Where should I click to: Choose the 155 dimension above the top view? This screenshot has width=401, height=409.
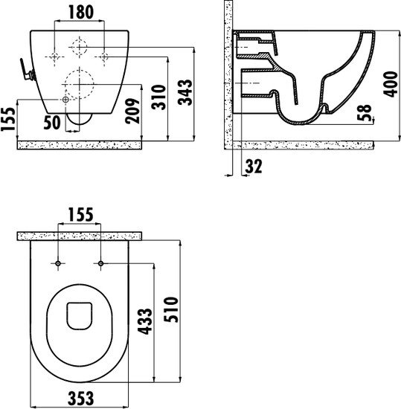(78, 215)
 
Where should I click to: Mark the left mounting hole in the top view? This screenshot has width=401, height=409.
(58, 263)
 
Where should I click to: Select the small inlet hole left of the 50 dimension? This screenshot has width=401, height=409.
(66, 100)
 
